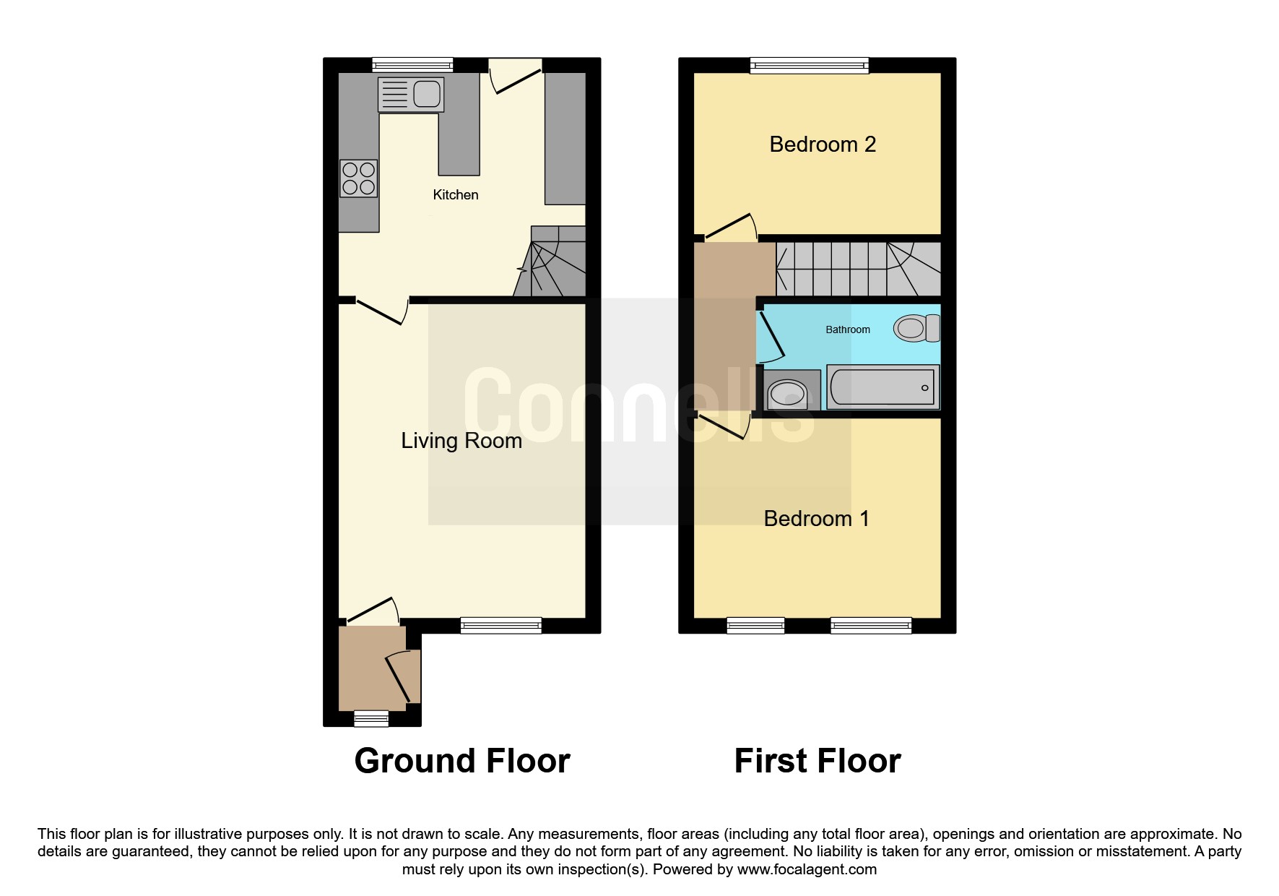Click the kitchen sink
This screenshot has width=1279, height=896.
point(410,94)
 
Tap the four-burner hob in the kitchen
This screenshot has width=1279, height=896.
point(359,178)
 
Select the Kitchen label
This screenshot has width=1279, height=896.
point(456,194)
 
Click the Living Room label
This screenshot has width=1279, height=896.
point(461,441)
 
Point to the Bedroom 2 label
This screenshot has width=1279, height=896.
point(823,145)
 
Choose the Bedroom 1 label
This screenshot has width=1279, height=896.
point(817,519)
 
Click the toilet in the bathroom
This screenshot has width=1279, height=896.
point(916,328)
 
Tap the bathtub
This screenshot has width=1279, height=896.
point(883,387)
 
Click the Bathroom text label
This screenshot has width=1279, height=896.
point(848,329)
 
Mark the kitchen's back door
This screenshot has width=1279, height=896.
point(516,77)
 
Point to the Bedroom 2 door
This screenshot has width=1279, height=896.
point(731,227)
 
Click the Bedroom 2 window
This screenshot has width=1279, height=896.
point(810,66)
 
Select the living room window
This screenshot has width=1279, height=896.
point(501,626)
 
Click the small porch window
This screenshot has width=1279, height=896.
point(371,718)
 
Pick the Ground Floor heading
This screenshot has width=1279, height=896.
point(462,761)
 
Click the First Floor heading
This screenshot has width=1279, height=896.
point(818,761)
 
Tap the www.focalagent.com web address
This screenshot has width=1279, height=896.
point(807,869)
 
